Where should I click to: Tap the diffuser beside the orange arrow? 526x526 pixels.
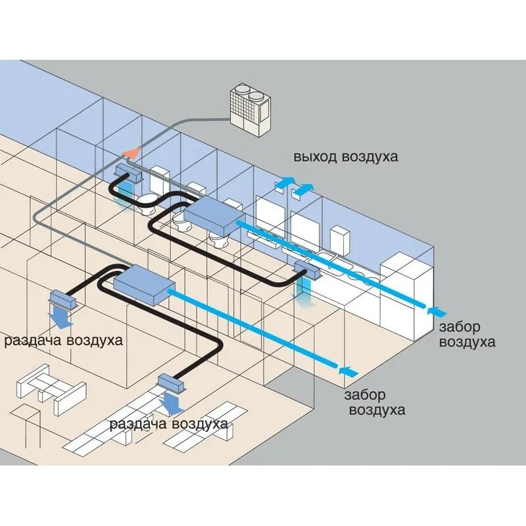point(129,174)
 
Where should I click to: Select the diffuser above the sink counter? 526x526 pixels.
point(306,268)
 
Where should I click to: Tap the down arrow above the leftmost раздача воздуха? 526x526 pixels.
point(63,318)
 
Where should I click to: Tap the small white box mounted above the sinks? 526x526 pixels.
point(338,240)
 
